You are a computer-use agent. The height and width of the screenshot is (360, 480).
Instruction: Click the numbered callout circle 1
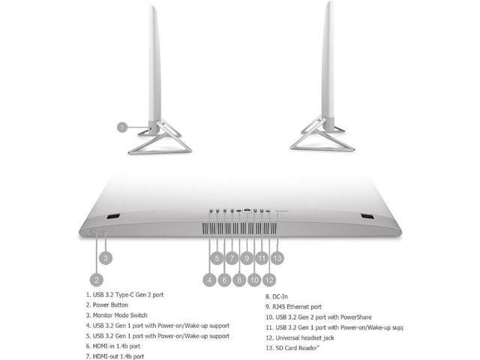[x=123, y=127]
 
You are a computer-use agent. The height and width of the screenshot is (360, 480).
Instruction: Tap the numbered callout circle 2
[x=96, y=279]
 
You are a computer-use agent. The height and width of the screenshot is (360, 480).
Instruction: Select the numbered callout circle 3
[x=106, y=258]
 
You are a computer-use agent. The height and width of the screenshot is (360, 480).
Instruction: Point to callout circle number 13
[x=277, y=258]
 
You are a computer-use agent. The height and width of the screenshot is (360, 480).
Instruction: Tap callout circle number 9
[x=247, y=258]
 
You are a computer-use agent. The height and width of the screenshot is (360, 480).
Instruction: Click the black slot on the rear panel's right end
[x=367, y=217]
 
